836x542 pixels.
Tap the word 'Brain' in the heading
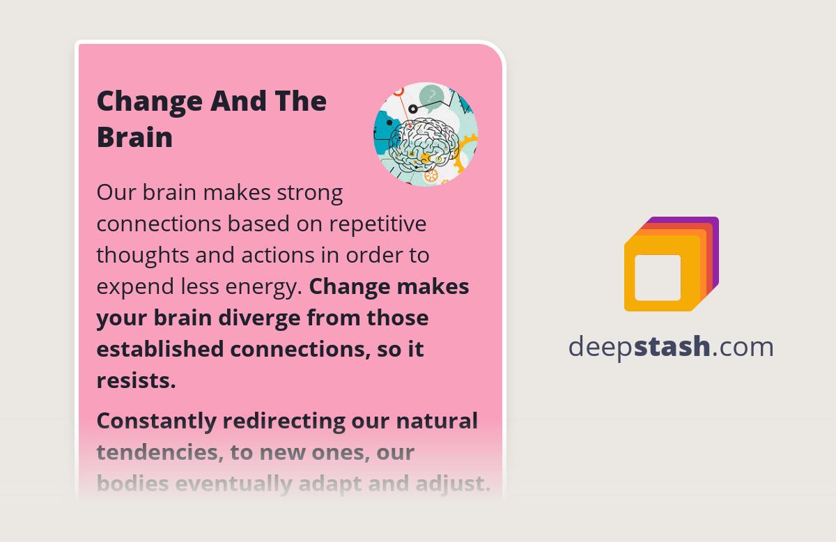coord(134,137)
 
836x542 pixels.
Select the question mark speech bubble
coord(432,96)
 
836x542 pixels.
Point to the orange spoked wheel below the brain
coord(431,176)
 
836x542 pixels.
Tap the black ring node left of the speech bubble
coord(413,109)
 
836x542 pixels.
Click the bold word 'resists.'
coord(136,380)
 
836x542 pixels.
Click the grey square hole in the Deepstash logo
coord(658,277)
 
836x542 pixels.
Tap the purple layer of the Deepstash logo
coord(713,230)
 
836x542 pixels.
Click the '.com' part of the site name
coord(743,346)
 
